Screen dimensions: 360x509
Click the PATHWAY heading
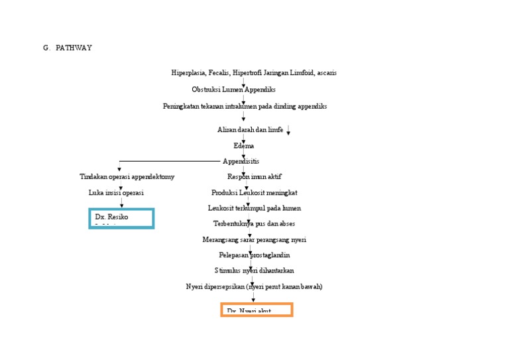coord(74,48)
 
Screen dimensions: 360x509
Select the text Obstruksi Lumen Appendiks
coord(233,90)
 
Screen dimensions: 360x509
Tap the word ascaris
coord(327,73)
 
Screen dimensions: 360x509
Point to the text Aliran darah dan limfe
coord(250,130)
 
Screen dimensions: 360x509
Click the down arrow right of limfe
coord(289,131)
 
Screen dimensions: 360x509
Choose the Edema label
coord(243,146)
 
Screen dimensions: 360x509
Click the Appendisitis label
coord(241,161)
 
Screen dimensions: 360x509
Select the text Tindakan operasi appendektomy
coord(127,177)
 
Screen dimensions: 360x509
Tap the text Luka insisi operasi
coord(116,193)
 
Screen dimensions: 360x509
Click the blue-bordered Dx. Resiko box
coord(121,218)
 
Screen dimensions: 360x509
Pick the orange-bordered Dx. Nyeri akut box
coord(256,310)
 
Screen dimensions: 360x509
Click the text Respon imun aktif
coord(254,177)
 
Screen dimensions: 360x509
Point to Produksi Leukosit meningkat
coord(254,193)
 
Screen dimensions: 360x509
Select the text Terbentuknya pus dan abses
coord(254,223)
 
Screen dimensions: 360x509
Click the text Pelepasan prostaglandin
coord(254,255)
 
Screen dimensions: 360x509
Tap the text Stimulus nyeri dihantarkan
coord(254,270)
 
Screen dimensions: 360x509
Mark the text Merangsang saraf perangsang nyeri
coord(254,239)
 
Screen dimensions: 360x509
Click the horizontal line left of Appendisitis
coord(169,161)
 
